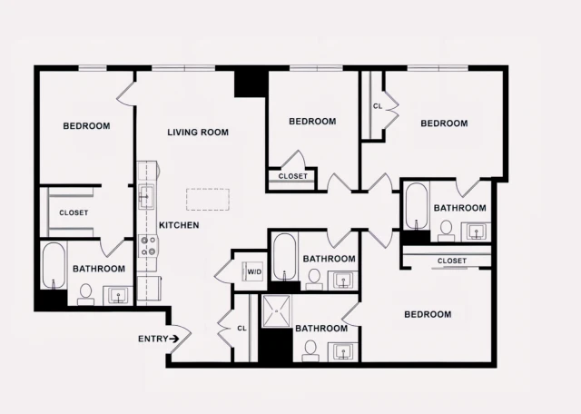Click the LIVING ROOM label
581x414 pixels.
(197, 133)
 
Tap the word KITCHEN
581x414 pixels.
(179, 225)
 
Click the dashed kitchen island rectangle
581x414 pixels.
(212, 200)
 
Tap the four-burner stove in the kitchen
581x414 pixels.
(147, 245)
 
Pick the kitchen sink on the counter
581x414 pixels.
(146, 195)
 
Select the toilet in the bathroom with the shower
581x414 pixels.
(310, 349)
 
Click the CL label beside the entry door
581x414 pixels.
(241, 328)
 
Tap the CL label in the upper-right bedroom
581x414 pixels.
(377, 106)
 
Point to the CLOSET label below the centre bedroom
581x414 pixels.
(292, 176)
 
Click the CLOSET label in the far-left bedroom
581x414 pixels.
(74, 212)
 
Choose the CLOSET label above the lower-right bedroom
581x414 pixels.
(451, 261)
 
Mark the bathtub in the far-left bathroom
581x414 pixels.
(54, 265)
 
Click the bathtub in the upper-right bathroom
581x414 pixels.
(417, 205)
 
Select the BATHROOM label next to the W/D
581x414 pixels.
(329, 259)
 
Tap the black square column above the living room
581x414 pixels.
(248, 83)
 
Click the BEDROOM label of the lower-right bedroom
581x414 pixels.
(427, 315)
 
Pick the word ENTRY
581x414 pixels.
(153, 339)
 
